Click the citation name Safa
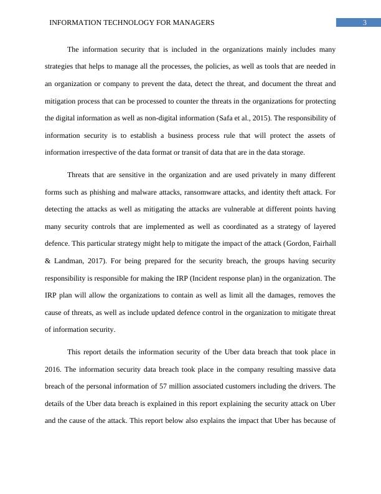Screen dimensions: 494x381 [x=225, y=118]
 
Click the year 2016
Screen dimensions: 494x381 [x=53, y=369]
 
